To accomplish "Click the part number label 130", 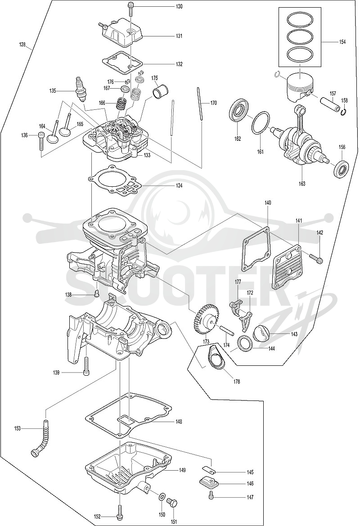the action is point(179,7).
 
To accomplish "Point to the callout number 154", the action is point(342,42).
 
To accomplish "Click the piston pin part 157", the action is point(330,104).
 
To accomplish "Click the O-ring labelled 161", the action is point(261,123).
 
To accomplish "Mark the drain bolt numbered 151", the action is point(172,502).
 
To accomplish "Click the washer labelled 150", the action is point(161,496).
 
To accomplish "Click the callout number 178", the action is point(237,381).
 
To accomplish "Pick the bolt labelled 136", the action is point(41,141).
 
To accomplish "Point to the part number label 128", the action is point(22,44).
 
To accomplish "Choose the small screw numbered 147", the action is point(211,495).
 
